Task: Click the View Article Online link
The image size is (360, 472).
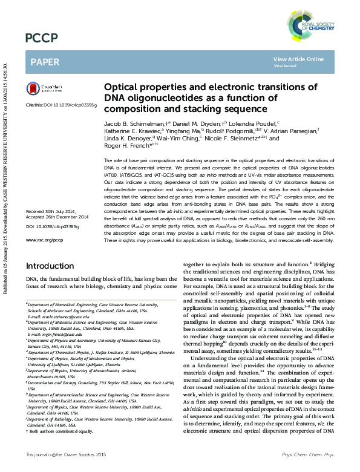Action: (x=298, y=59)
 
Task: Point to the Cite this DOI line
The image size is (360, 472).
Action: (x=61, y=105)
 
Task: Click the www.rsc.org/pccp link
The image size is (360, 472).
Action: (x=44, y=240)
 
